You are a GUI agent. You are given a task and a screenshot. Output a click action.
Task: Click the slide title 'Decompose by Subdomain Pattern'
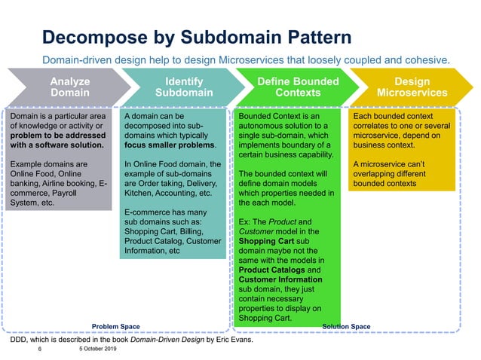click(x=196, y=37)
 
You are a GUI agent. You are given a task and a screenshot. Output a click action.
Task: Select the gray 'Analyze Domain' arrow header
click(x=69, y=87)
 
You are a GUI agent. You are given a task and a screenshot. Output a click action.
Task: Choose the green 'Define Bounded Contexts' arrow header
click(x=297, y=87)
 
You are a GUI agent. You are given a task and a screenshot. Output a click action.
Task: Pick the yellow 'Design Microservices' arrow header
click(x=412, y=87)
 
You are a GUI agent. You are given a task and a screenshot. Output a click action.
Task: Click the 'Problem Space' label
click(x=115, y=326)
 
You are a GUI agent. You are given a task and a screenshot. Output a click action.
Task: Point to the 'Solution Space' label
click(x=346, y=326)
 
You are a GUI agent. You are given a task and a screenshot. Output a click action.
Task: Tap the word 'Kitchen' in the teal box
click(x=139, y=192)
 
